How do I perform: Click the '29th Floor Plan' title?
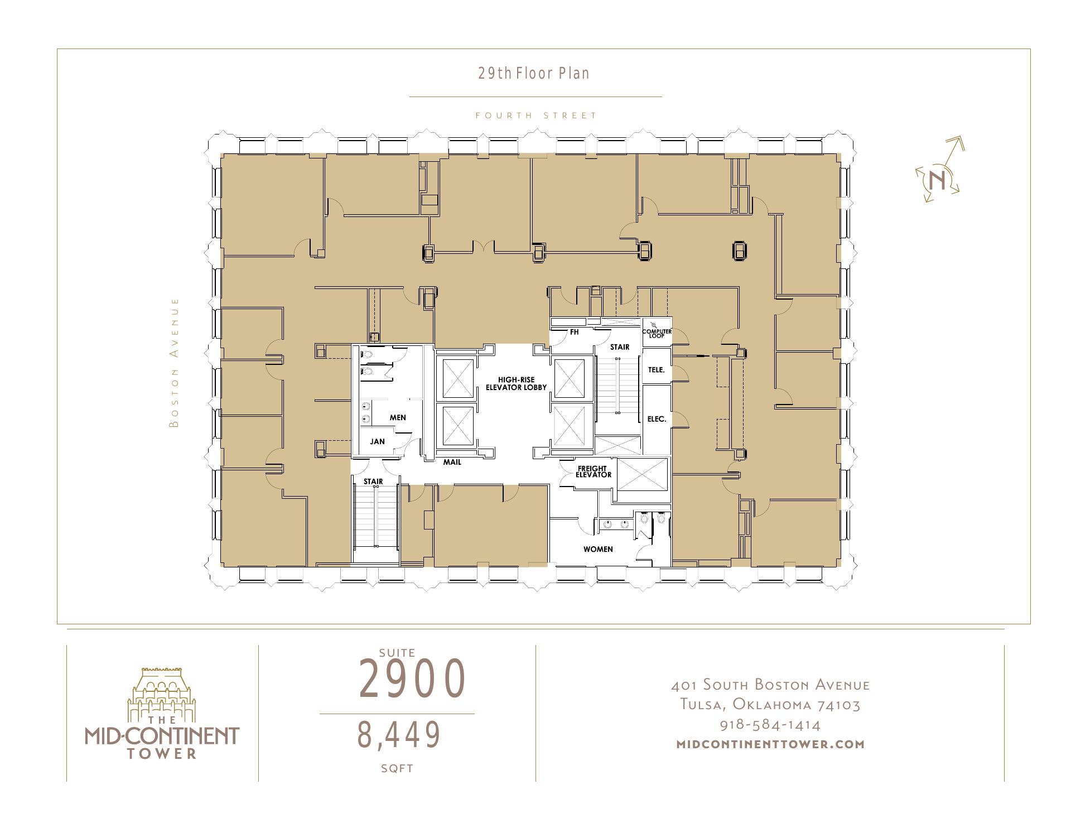coord(534,73)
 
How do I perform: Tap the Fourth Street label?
coord(536,115)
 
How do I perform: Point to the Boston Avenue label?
coord(175,363)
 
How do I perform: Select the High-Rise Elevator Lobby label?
coord(516,383)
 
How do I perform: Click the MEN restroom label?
coord(398,417)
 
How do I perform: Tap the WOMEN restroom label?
coord(598,549)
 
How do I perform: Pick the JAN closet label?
coord(377,441)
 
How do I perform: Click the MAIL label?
coord(452,462)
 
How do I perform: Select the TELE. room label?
coord(657,369)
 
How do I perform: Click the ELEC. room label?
coord(657,418)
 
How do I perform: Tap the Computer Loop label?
coord(657,333)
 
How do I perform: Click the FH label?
coord(574,332)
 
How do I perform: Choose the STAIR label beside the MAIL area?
coord(373,482)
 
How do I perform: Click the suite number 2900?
coord(412,678)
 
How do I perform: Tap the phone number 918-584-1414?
coord(770,725)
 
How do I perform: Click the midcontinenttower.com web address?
coord(770,744)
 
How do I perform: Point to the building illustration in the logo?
coord(161,694)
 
